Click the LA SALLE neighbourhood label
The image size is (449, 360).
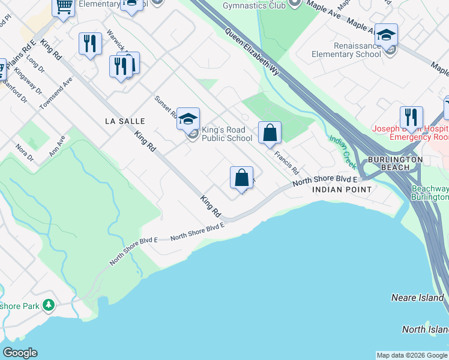pyautogui.click(x=125, y=121)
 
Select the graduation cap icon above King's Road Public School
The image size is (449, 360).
pyautogui.click(x=188, y=118)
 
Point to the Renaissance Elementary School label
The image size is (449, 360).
pyautogui.click(x=346, y=50)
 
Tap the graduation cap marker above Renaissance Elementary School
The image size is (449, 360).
pyautogui.click(x=386, y=35)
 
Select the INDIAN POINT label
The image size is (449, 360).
pyautogui.click(x=342, y=189)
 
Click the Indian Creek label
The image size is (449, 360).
pyautogui.click(x=342, y=152)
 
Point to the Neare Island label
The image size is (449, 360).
pyautogui.click(x=417, y=298)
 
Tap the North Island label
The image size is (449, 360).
pyautogui.click(x=425, y=329)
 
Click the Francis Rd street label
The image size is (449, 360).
pyautogui.click(x=286, y=162)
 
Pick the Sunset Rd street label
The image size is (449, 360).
pyautogui.click(x=164, y=107)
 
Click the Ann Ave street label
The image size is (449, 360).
pyautogui.click(x=58, y=145)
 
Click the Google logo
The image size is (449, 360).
pyautogui.click(x=20, y=353)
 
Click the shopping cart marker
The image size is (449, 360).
pyautogui.click(x=63, y=7)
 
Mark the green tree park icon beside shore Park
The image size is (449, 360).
pyautogui.click(x=48, y=306)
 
